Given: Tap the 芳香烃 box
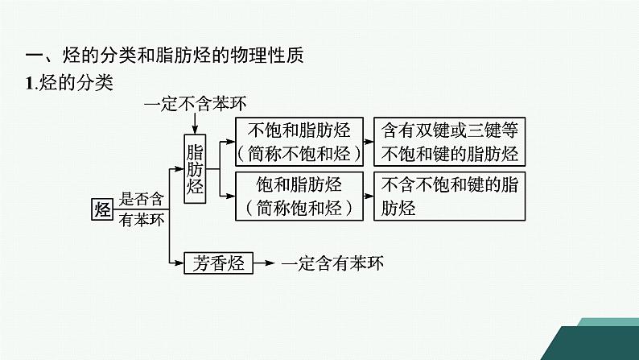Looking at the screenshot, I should [218, 263].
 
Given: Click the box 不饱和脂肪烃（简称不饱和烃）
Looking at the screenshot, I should [299, 143].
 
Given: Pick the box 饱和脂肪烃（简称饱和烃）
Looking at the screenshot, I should [299, 196].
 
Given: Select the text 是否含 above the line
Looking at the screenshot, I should [142, 199].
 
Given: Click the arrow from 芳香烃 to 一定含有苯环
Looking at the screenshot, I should [266, 263].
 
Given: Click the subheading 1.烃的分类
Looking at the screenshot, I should [70, 81].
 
